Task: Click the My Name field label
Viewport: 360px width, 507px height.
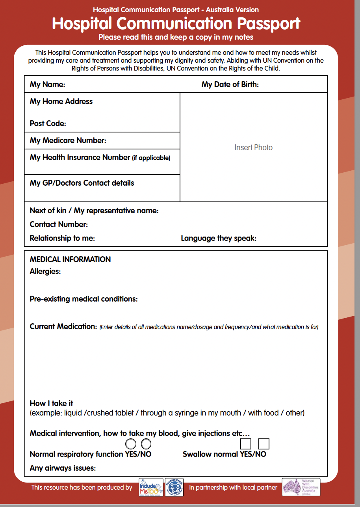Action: click(x=47, y=84)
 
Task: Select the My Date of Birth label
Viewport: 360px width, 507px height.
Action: click(x=230, y=84)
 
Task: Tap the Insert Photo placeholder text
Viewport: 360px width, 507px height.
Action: click(x=253, y=147)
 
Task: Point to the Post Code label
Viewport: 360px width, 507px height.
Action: click(x=48, y=123)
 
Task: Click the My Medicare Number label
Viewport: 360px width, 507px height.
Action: click(x=68, y=140)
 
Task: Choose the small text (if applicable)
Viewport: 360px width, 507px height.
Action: click(x=151, y=158)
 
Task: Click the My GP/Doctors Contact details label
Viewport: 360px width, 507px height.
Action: click(x=82, y=183)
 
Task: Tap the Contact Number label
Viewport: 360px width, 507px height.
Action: click(x=59, y=224)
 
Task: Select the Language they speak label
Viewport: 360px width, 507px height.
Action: click(x=219, y=238)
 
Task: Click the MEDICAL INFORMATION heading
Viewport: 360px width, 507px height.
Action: click(x=70, y=259)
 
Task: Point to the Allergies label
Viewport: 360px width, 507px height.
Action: click(x=45, y=271)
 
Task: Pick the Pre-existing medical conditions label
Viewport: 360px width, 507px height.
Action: click(x=84, y=299)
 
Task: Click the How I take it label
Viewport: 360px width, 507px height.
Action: click(x=51, y=403)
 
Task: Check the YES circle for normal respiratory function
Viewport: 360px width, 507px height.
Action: click(x=131, y=444)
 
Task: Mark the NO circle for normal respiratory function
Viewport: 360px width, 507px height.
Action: click(x=146, y=444)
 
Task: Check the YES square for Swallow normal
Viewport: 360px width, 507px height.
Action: click(x=246, y=444)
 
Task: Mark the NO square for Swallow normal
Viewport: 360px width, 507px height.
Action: click(x=264, y=444)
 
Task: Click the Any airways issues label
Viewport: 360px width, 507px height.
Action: click(x=63, y=468)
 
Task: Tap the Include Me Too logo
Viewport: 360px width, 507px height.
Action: click(x=151, y=487)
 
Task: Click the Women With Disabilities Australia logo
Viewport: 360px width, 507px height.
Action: click(x=301, y=487)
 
